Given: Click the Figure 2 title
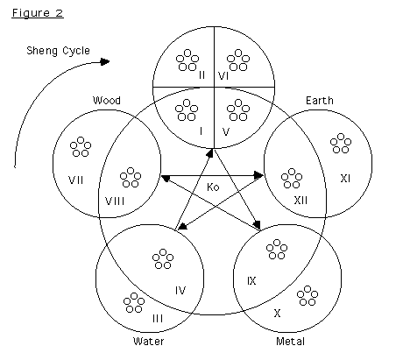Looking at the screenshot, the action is click(38, 13).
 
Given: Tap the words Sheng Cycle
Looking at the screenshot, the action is click(58, 51).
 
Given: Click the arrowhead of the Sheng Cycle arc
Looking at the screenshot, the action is click(105, 61).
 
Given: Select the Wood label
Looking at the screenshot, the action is click(107, 101).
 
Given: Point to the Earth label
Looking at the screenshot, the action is click(320, 101).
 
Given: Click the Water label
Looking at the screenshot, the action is click(149, 342).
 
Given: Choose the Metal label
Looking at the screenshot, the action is click(291, 342).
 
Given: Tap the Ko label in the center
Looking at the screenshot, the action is click(213, 187).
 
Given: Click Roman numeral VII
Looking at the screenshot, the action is click(76, 180).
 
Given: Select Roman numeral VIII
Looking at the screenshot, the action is click(115, 201).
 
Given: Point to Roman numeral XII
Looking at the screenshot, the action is click(300, 201).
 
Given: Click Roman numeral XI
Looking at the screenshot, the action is click(345, 179).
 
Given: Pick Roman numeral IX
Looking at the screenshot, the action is click(251, 281).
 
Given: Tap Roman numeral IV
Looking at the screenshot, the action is click(180, 291).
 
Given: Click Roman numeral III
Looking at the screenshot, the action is click(158, 319).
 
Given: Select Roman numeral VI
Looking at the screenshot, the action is click(223, 76).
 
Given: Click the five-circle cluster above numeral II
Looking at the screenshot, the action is click(187, 60).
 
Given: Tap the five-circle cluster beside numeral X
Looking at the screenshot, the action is click(308, 296).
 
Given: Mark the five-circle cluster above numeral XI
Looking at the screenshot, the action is click(341, 144).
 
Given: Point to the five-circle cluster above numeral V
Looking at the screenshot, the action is click(238, 110).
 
